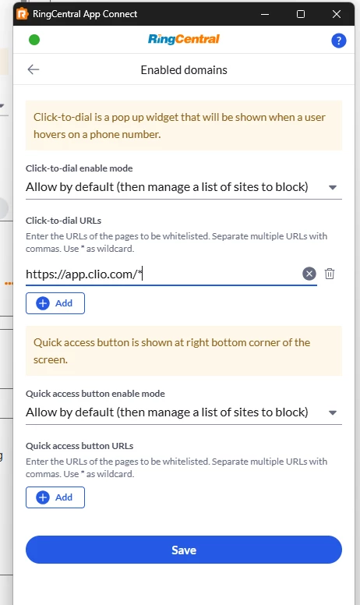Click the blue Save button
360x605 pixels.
coord(184,550)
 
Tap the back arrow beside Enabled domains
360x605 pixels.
coord(34,69)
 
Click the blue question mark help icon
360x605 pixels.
coord(338,41)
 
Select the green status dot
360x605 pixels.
coord(34,40)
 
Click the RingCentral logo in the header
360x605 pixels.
coord(184,39)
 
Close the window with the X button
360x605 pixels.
coord(336,14)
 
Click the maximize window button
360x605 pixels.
coord(301,14)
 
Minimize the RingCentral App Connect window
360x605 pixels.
coord(265,14)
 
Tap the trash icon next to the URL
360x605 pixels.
coord(329,274)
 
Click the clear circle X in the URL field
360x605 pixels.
coord(309,274)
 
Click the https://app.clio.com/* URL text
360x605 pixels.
coord(84,274)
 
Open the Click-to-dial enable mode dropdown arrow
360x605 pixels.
coord(333,188)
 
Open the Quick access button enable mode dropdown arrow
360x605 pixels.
coord(333,413)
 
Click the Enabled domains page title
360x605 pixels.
coord(184,70)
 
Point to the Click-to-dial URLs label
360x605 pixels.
coord(64,221)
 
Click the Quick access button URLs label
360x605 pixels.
coord(79,446)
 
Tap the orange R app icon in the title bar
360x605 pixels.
coord(23,14)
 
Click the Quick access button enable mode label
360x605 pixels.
coord(95,394)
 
